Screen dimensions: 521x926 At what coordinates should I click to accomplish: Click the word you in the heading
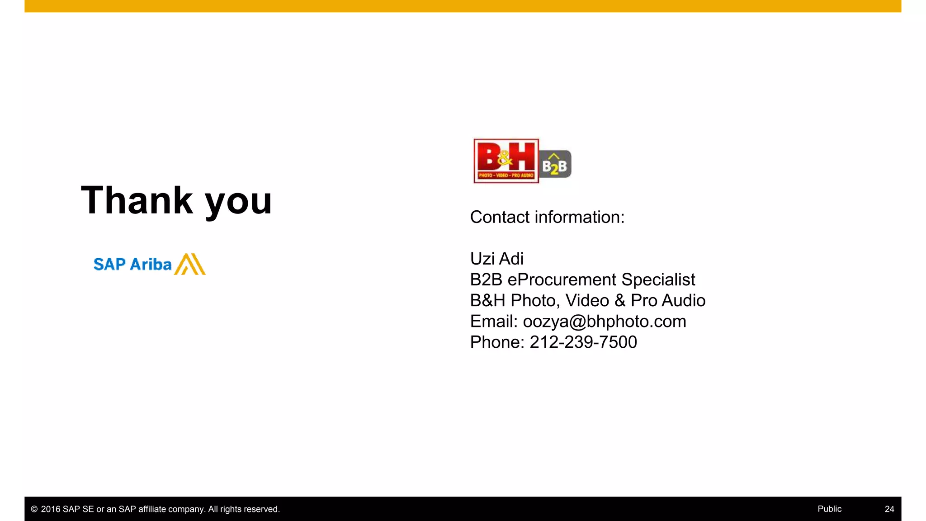[x=238, y=202]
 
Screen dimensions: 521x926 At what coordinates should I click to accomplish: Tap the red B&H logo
[x=506, y=161]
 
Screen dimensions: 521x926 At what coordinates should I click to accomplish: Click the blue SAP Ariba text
[x=132, y=264]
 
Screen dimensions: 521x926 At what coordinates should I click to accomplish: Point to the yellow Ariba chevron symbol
[x=190, y=264]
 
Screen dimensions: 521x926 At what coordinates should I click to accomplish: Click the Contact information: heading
[x=547, y=217]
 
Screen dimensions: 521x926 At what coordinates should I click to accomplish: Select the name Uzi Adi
[x=496, y=259]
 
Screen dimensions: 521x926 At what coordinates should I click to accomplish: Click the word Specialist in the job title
[x=658, y=279]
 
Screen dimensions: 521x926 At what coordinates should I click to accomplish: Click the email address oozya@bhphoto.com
[x=605, y=321]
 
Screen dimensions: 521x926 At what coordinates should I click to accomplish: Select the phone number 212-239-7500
[x=583, y=342]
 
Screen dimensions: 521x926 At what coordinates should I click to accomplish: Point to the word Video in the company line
[x=587, y=300]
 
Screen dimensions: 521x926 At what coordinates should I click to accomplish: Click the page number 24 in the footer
[x=889, y=509]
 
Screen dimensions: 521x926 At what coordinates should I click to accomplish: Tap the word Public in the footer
[x=829, y=509]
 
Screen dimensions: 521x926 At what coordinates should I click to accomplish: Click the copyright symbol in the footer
[x=34, y=509]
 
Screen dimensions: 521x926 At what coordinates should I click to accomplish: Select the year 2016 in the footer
[x=50, y=509]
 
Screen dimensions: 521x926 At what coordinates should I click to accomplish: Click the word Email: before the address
[x=493, y=321]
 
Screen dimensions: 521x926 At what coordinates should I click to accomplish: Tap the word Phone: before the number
[x=497, y=342]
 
